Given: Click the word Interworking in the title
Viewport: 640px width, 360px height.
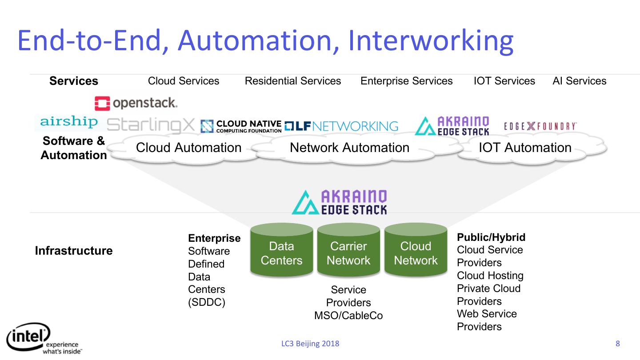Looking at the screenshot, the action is (x=431, y=41).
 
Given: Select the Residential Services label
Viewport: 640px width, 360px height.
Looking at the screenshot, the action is (x=293, y=81).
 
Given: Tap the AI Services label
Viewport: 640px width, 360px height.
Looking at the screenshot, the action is (x=580, y=81).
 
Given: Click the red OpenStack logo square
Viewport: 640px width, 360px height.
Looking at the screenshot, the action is (x=102, y=104).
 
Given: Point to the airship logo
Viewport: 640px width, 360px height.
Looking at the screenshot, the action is (x=69, y=122).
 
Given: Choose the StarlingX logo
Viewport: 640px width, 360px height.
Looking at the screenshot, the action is (x=151, y=125).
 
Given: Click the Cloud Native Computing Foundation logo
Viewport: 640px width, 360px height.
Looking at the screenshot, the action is (x=241, y=126).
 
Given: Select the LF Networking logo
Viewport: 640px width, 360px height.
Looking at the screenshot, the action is (x=341, y=126).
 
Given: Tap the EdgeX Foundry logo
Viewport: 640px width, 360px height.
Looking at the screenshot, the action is (x=540, y=126).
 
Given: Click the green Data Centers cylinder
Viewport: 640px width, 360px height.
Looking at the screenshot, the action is (x=282, y=250).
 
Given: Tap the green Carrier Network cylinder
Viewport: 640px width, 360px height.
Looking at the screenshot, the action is (x=348, y=250).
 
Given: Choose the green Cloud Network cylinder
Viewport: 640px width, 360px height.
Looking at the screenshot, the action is (x=416, y=250).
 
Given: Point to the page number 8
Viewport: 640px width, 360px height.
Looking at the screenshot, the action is (x=618, y=344).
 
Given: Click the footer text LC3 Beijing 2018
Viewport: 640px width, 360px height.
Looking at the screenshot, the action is (x=310, y=344).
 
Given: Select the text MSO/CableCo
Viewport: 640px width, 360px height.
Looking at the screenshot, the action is (x=348, y=316).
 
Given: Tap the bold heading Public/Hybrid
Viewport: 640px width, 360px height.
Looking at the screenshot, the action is (x=491, y=237).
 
